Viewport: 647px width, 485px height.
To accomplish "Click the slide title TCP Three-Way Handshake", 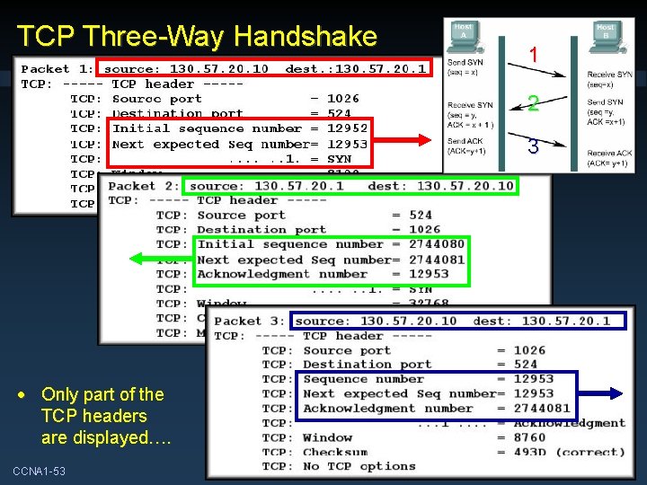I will tap(197, 36).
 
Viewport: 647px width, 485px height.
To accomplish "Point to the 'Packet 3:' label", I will tap(251, 321).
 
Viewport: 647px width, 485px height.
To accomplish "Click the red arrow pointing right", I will tap(404, 137).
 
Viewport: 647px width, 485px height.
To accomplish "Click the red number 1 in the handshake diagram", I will tap(533, 56).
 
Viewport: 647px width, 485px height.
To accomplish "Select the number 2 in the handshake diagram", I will tap(533, 104).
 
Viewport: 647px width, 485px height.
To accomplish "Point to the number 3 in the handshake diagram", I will tap(533, 146).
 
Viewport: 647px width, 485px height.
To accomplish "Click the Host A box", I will tap(463, 31).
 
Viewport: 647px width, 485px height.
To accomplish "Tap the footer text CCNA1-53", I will tap(39, 472).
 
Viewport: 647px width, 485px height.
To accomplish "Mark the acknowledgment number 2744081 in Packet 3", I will tap(542, 409).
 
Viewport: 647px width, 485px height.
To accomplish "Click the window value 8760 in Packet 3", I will tap(530, 437).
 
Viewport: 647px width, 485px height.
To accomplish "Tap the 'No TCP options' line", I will tap(359, 466).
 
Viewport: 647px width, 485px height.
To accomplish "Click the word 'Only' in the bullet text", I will tap(58, 394).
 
